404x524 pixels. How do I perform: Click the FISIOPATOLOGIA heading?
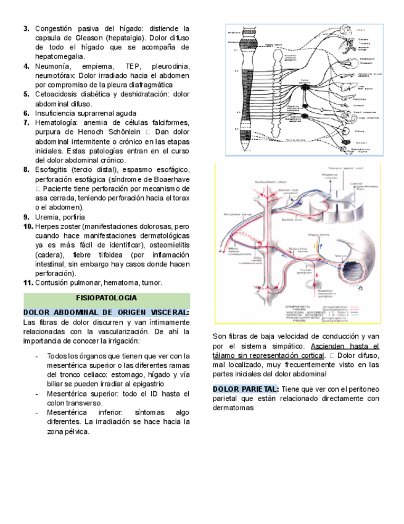tap(107, 297)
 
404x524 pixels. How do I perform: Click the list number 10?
tap(28, 227)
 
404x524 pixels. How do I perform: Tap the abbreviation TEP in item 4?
tap(133, 66)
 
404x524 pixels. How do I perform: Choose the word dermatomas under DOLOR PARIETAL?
tap(233, 408)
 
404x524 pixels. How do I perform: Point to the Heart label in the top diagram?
tap(361, 30)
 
